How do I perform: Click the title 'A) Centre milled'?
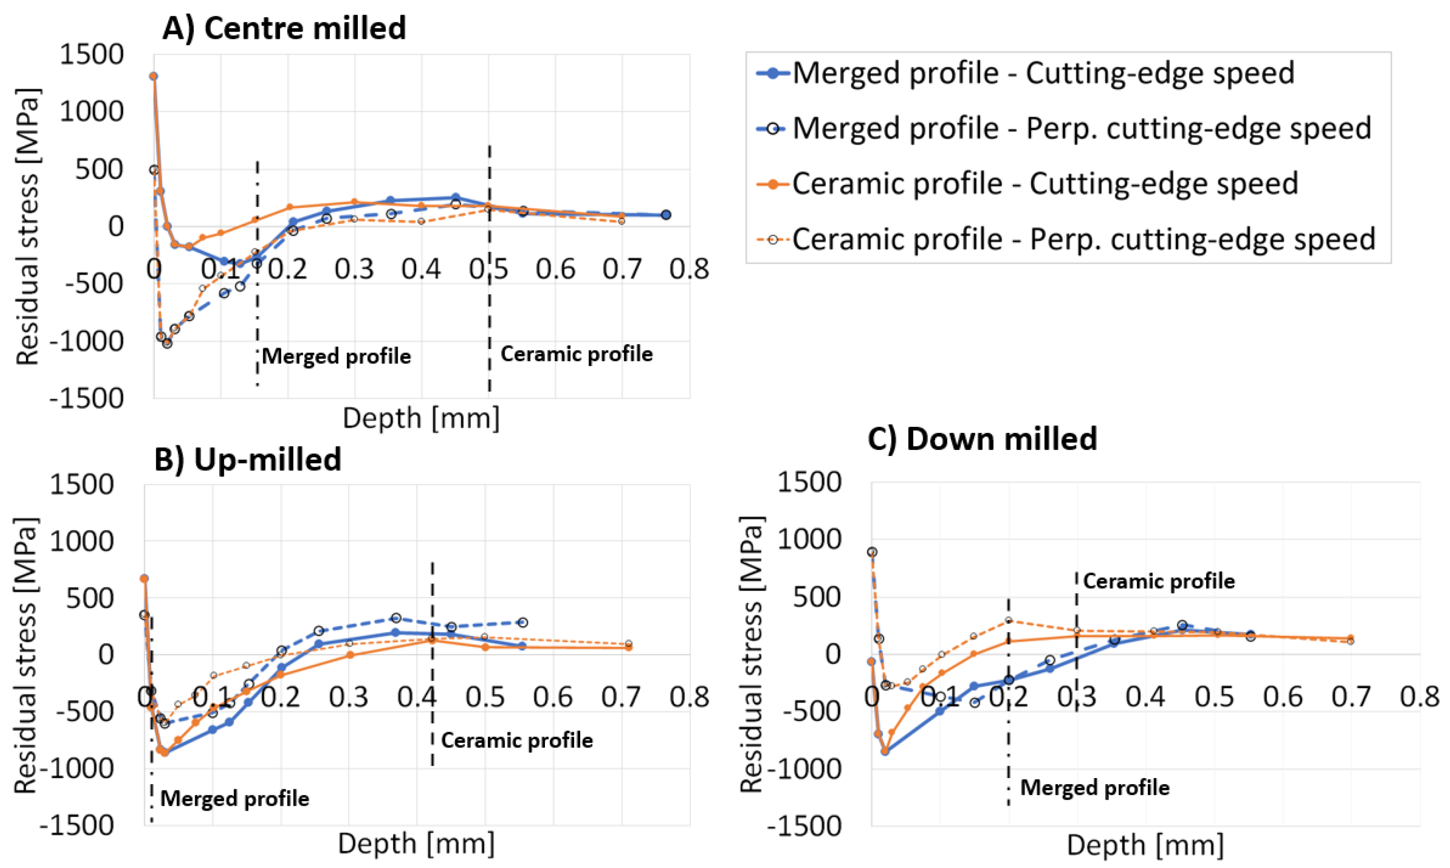[x=284, y=28]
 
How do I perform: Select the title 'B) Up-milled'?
[x=247, y=459]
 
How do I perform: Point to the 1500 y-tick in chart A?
[x=92, y=55]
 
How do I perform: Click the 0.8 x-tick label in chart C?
[x=1419, y=697]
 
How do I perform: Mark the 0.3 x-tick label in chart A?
[x=354, y=269]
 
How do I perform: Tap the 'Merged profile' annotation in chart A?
[x=336, y=356]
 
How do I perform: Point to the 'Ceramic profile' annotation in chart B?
[x=517, y=741]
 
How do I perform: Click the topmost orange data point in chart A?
[x=153, y=76]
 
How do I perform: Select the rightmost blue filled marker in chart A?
[x=665, y=215]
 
